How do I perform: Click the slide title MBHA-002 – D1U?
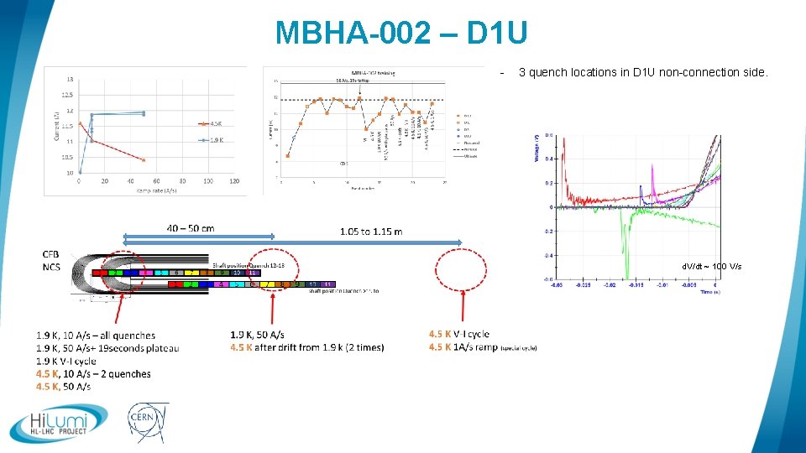[x=402, y=33]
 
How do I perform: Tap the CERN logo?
[x=148, y=423]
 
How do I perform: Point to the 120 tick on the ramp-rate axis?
[x=234, y=181]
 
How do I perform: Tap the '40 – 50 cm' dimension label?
[x=190, y=228]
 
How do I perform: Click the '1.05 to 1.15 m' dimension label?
[x=370, y=231]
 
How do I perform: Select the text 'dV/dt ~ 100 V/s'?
[x=711, y=266]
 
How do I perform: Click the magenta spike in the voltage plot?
[x=653, y=176]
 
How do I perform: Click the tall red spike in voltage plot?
[x=564, y=159]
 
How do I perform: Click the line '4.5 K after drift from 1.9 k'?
[x=307, y=347]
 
